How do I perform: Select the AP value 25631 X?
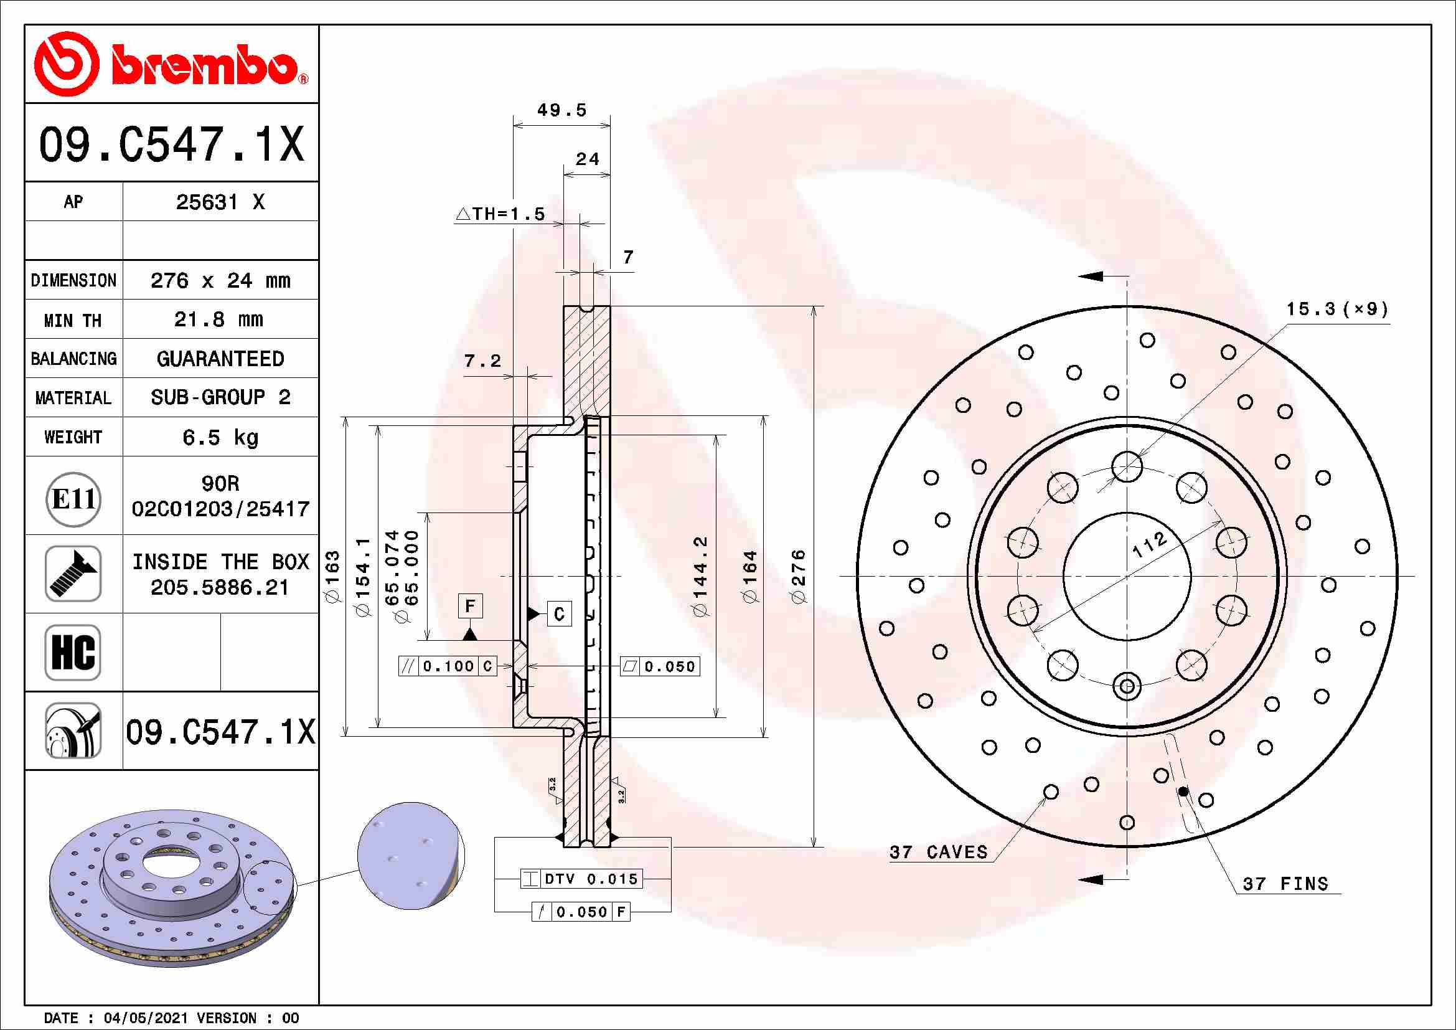[x=219, y=202]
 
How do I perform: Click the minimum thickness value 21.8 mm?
[x=218, y=319]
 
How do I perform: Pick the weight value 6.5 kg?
[x=219, y=438]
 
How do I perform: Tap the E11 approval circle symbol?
[x=73, y=500]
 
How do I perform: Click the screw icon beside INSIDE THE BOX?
[x=73, y=574]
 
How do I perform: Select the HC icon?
[x=73, y=652]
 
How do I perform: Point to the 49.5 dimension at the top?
[x=562, y=110]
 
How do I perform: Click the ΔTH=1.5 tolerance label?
[x=500, y=214]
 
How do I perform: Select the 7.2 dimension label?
[x=482, y=362]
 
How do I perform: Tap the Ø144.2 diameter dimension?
[x=700, y=576]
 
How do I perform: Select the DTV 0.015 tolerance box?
[x=581, y=879]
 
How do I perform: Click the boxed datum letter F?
[x=470, y=606]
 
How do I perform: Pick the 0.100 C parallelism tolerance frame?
[x=447, y=666]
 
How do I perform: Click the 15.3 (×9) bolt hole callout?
[x=1336, y=309]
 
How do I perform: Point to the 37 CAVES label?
[x=939, y=853]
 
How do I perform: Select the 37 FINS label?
[x=1285, y=884]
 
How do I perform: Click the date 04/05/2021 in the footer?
[x=145, y=1018]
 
